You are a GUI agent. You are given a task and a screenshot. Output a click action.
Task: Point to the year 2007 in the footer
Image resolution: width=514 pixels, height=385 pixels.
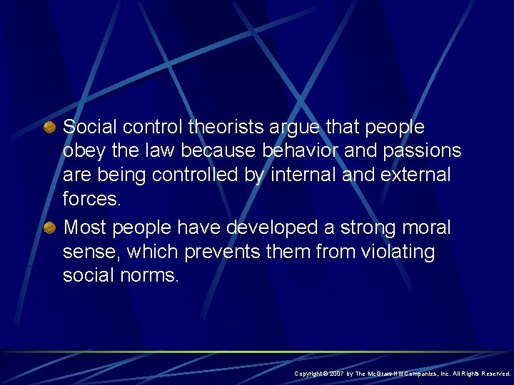pos(338,374)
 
